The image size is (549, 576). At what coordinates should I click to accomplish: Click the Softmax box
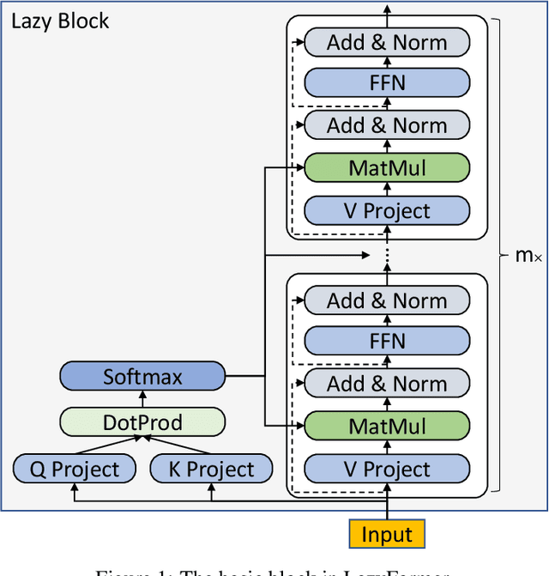[142, 376]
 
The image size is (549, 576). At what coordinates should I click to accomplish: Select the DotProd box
[142, 421]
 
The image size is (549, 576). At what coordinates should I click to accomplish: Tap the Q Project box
[75, 469]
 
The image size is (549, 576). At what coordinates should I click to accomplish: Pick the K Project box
[210, 469]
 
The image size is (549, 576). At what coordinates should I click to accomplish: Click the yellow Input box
[386, 533]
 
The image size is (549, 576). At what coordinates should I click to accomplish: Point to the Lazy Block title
[60, 21]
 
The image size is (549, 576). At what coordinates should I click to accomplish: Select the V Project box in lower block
[387, 469]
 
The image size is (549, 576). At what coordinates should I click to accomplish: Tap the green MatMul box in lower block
[387, 426]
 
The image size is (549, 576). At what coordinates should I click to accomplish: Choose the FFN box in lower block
[387, 341]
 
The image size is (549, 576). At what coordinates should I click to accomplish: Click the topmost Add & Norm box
[387, 42]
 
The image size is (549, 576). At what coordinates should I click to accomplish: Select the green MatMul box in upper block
[387, 167]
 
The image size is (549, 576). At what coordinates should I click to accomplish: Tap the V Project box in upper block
[387, 210]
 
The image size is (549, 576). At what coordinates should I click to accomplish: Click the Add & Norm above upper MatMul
[387, 125]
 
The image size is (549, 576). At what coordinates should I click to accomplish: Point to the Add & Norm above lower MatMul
[387, 384]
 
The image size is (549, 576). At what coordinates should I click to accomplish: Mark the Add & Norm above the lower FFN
[387, 300]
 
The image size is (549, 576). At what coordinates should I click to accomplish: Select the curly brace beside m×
[501, 255]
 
